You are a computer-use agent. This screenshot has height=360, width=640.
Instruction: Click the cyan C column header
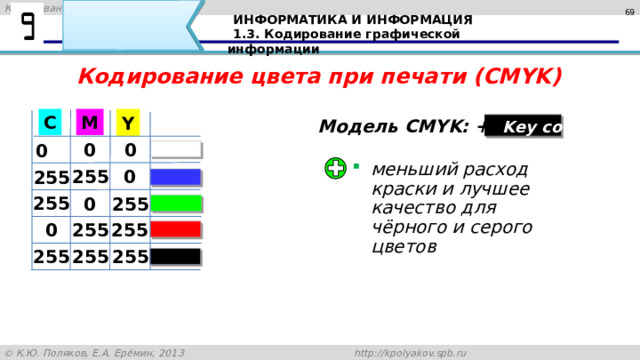pos(49,122)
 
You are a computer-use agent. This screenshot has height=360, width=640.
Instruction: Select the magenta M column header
pos(89,122)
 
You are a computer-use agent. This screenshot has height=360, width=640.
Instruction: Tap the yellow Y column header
pos(128,123)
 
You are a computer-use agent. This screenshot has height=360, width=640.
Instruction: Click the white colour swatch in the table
pos(177,151)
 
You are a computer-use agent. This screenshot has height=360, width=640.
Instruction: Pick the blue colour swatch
pos(177,178)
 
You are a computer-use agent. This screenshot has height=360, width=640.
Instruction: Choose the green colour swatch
pos(177,205)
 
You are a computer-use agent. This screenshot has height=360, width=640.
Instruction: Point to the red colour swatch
pos(177,231)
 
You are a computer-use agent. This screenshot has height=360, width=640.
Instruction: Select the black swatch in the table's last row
pos(177,257)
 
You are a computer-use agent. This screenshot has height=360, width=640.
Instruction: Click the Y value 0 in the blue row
pos(129,177)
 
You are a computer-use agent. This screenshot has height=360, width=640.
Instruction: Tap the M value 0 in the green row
pos(89,204)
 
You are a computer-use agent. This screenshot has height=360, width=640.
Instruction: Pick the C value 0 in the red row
pos(49,231)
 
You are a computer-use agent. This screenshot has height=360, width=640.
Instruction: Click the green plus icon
pos(337,169)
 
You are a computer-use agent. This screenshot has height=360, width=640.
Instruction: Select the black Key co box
pos(524,127)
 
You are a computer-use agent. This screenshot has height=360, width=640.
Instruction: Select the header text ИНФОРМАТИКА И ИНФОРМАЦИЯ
pos(352,20)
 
